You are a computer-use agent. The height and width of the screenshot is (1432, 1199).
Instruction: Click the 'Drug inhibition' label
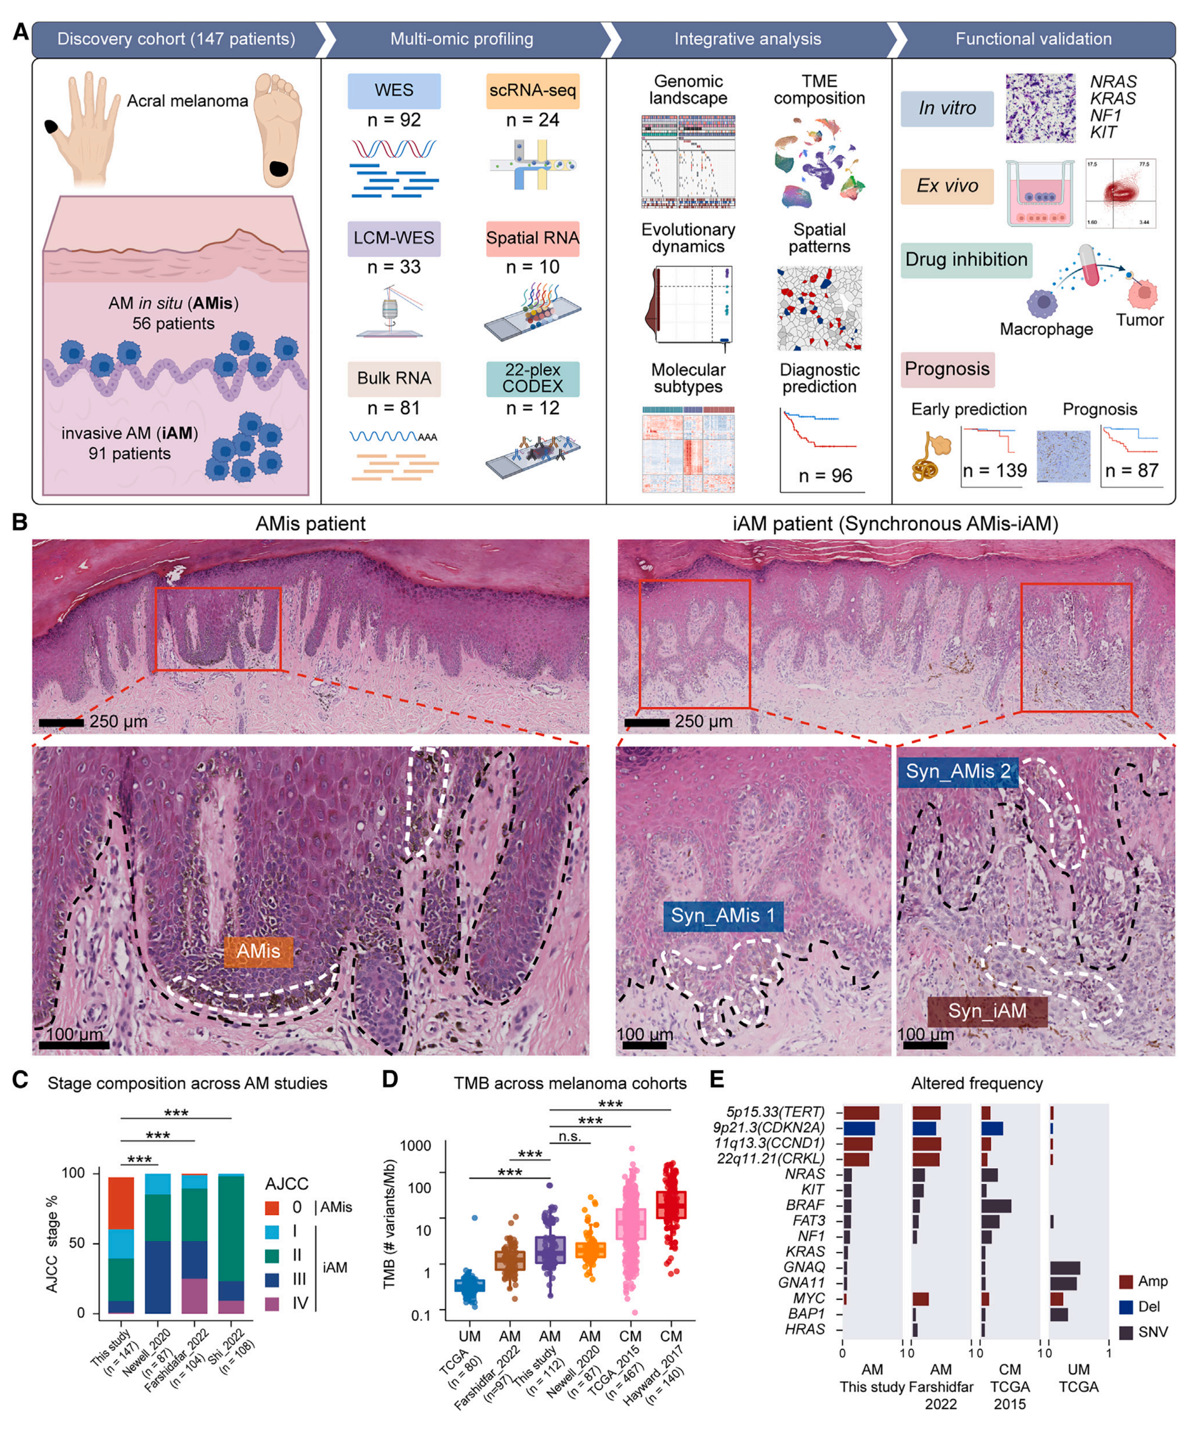[966, 260]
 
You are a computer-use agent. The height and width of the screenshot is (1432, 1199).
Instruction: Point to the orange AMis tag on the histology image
[259, 950]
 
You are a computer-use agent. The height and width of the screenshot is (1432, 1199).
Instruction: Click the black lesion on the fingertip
[51, 127]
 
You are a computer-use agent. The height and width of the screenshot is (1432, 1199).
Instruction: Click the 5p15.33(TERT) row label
[775, 1112]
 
